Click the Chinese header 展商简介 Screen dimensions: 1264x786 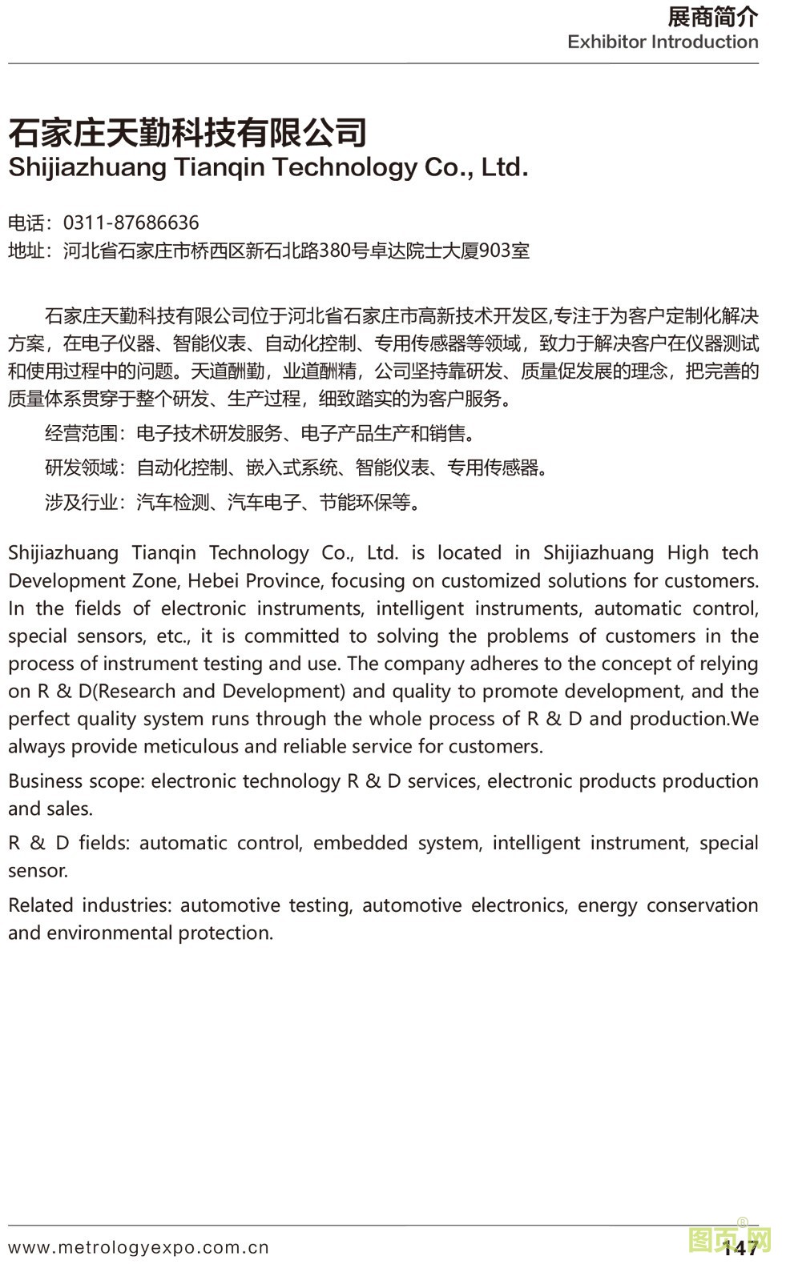(x=711, y=17)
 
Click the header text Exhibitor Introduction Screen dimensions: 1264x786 (x=663, y=42)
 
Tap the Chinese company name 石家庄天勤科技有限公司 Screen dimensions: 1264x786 (x=187, y=132)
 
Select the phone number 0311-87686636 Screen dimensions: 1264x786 (x=131, y=223)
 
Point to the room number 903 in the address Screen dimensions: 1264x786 (x=494, y=251)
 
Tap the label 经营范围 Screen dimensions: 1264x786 (x=81, y=434)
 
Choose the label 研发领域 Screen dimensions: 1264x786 (x=81, y=467)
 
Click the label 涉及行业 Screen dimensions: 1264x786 (x=81, y=503)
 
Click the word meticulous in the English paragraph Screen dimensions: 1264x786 (x=191, y=747)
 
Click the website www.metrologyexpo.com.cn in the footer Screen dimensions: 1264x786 (x=139, y=1247)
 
